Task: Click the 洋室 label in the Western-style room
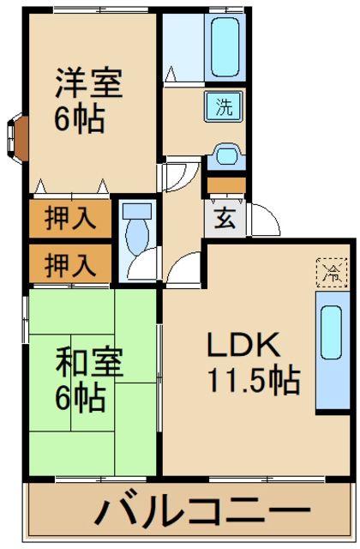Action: (x=89, y=84)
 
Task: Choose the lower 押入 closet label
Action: (x=70, y=263)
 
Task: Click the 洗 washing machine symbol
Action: (x=223, y=108)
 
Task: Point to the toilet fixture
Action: (x=135, y=226)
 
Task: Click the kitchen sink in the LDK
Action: (x=330, y=333)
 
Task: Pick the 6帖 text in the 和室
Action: (x=81, y=397)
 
